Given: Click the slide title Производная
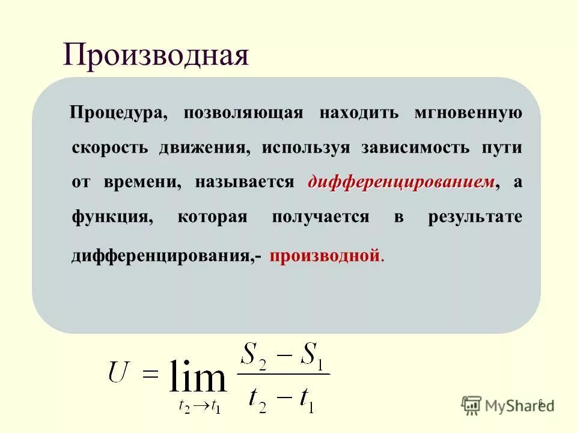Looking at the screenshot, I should tap(156, 56).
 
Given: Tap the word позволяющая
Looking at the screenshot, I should tap(243, 113).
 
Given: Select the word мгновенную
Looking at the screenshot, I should tap(468, 113).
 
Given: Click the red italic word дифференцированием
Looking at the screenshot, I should tap(401, 182).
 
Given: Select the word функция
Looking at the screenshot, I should tap(111, 217).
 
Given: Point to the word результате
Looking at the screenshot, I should tap(475, 217).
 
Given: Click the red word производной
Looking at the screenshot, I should tap(325, 256).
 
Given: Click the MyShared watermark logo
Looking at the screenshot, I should tap(508, 404).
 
